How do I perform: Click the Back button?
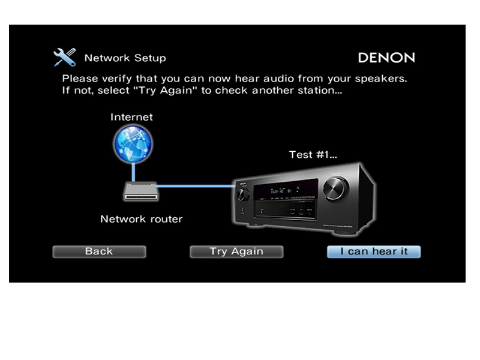[99, 251]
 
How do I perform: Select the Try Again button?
[236, 251]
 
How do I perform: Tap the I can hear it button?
[374, 251]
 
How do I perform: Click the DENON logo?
[386, 58]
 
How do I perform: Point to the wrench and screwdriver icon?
[65, 57]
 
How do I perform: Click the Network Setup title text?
[125, 58]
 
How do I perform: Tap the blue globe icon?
[133, 143]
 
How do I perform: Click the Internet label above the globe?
[131, 117]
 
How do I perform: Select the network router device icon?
[141, 191]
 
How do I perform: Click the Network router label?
[142, 219]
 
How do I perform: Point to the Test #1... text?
[313, 155]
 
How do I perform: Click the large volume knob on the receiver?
[335, 188]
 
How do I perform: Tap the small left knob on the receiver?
[243, 194]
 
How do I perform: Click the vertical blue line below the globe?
[133, 172]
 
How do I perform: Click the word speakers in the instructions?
[381, 79]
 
